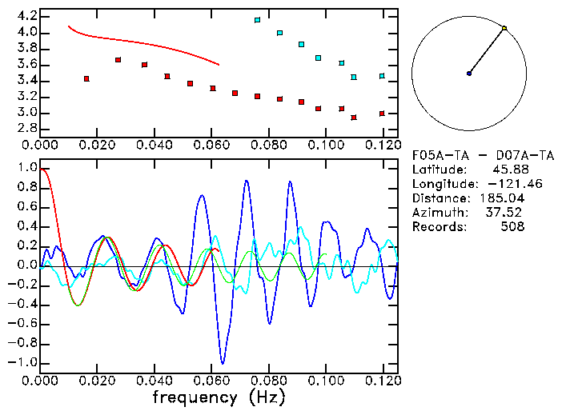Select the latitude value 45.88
pos(504,170)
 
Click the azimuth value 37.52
pos(504,213)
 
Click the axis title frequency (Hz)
pos(218,397)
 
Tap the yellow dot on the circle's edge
pos(504,28)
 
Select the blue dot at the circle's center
pos(469,74)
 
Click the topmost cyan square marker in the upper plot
pos(257,20)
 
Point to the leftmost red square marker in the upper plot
pos(86,78)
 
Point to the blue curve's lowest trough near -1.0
pos(223,362)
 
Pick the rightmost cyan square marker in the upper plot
pos(382,76)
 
